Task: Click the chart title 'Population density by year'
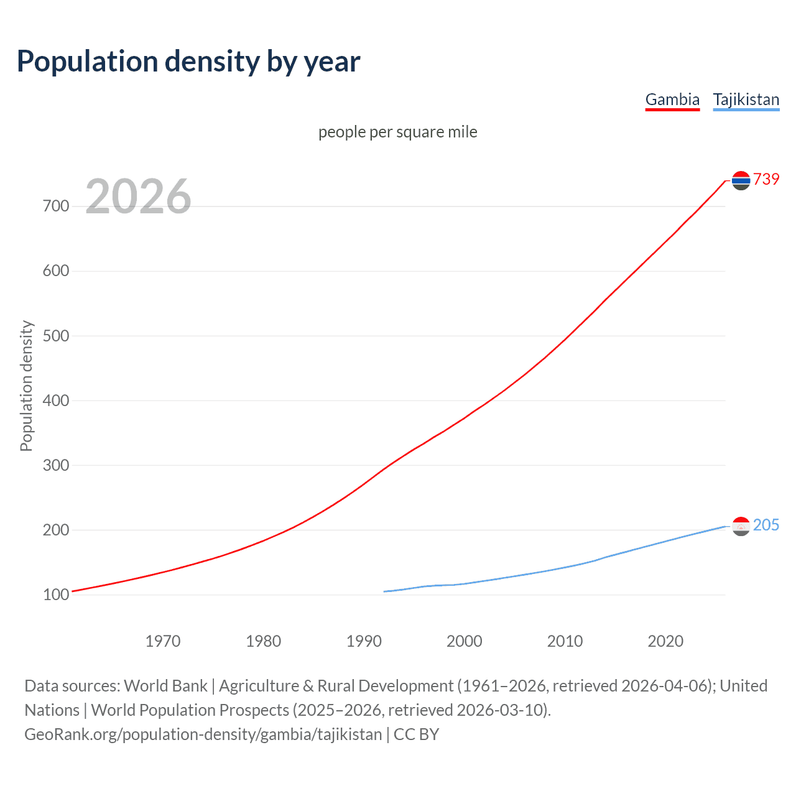point(188,62)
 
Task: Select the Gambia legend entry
point(672,99)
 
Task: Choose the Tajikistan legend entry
point(746,99)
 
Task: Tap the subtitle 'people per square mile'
point(397,132)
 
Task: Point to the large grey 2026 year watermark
point(138,197)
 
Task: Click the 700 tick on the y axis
point(56,206)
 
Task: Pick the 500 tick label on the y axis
point(56,336)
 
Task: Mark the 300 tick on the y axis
point(56,465)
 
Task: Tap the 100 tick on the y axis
point(56,595)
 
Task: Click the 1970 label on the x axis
point(163,641)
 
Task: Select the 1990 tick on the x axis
point(364,641)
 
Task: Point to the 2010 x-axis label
point(565,641)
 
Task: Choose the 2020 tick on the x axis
point(665,641)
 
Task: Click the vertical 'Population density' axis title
point(26,386)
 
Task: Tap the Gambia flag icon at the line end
point(741,180)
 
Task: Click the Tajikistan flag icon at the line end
point(741,526)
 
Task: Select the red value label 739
point(766,179)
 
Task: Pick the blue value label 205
point(766,525)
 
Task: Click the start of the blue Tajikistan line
point(385,591)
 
